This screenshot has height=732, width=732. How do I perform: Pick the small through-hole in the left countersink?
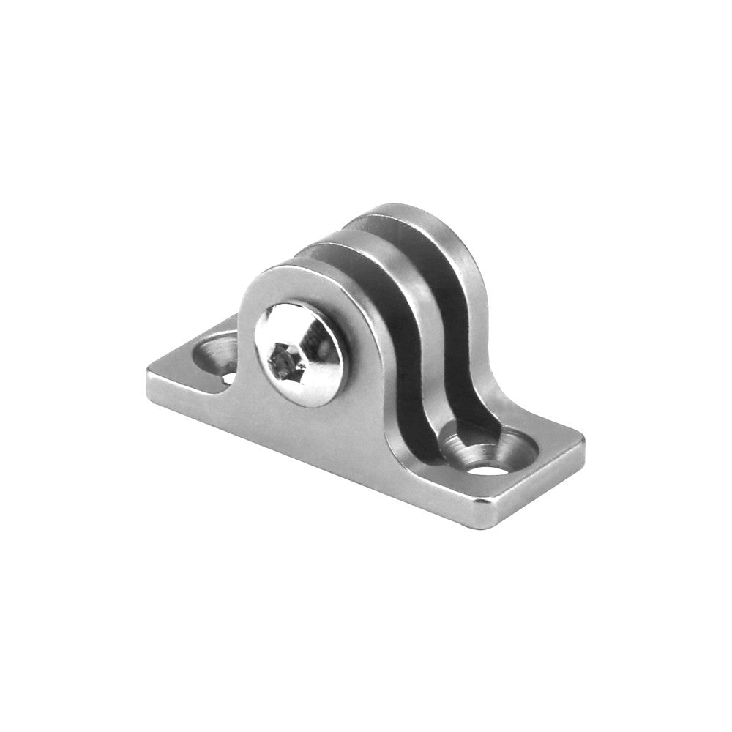228,378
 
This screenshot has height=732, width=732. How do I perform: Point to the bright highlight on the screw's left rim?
262,344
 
